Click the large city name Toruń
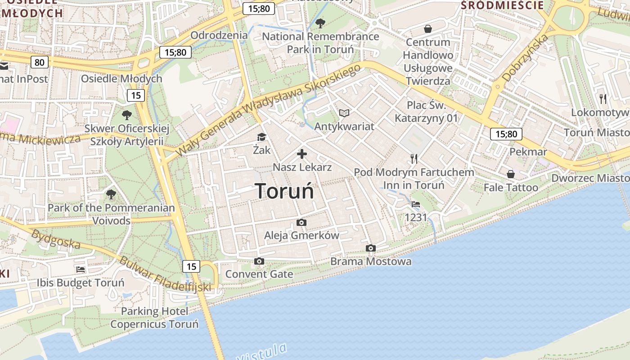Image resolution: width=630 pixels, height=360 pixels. (284, 191)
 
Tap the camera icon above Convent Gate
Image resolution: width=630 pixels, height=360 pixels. (259, 261)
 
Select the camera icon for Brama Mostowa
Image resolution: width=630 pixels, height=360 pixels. (370, 248)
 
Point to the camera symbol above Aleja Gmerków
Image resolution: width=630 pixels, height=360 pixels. (301, 222)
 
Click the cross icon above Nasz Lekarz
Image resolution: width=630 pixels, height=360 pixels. (302, 154)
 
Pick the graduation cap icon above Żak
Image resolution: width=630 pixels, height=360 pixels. (261, 137)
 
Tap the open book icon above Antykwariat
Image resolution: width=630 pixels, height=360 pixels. (344, 113)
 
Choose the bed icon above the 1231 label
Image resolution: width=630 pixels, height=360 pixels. (416, 204)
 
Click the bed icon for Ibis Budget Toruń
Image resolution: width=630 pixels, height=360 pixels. (81, 270)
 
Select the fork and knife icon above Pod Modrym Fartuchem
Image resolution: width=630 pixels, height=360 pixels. (414, 158)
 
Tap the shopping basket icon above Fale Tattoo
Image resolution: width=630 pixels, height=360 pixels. (511, 174)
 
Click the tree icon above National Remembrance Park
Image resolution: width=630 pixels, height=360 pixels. (320, 23)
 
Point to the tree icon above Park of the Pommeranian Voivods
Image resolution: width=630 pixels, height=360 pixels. (111, 194)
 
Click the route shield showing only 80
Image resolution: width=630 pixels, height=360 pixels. (40, 62)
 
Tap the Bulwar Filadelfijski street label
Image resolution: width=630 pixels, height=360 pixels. (165, 274)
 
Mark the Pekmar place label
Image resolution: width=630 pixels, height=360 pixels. (528, 152)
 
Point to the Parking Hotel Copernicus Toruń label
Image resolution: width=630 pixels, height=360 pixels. (154, 318)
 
